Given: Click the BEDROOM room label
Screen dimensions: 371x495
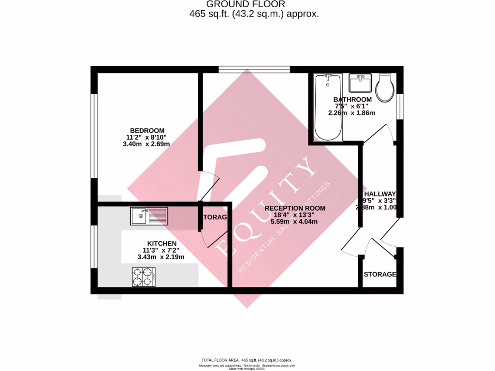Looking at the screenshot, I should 147,130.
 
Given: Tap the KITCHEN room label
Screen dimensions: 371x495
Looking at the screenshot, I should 162,243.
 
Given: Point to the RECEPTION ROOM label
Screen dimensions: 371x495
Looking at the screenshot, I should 295,208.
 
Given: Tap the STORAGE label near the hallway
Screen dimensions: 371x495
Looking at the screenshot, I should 380,274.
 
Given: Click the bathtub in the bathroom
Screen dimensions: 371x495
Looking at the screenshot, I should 328,108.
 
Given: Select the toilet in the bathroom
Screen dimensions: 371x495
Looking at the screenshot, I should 385,87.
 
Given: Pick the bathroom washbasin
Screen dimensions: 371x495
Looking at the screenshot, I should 359,83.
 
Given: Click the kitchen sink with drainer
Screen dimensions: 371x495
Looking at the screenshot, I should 149,215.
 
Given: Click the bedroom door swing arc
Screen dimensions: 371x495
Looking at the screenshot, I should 211,186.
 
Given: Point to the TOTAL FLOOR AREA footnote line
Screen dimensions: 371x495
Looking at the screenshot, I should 247,360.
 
